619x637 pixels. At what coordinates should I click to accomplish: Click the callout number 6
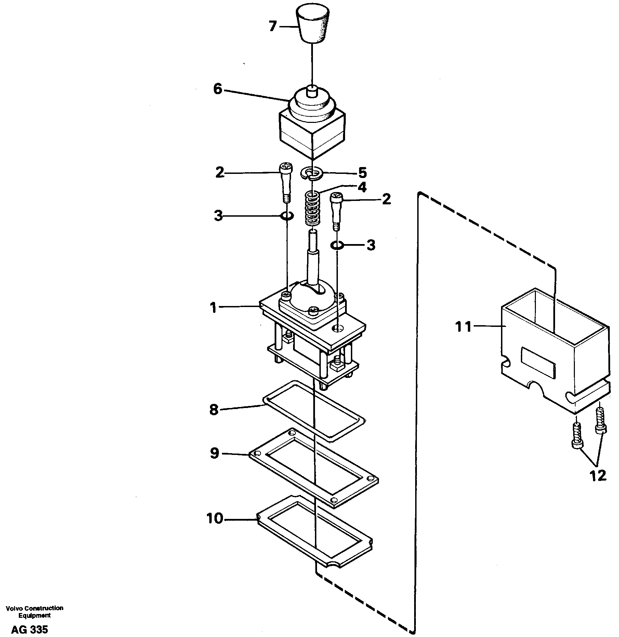point(218,89)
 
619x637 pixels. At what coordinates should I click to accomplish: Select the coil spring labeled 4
point(312,208)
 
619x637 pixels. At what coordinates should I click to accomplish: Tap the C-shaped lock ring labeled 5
point(312,173)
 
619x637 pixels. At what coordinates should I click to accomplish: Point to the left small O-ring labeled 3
point(286,216)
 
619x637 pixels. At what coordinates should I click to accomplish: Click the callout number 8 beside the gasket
point(214,410)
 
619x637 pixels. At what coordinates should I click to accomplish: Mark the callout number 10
point(215,519)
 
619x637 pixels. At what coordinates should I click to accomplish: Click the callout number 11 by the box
point(463,327)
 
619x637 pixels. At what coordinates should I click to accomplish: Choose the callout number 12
point(598,475)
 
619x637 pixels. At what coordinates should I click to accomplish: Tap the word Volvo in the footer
point(15,608)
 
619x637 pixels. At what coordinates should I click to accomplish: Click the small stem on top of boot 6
point(312,91)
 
